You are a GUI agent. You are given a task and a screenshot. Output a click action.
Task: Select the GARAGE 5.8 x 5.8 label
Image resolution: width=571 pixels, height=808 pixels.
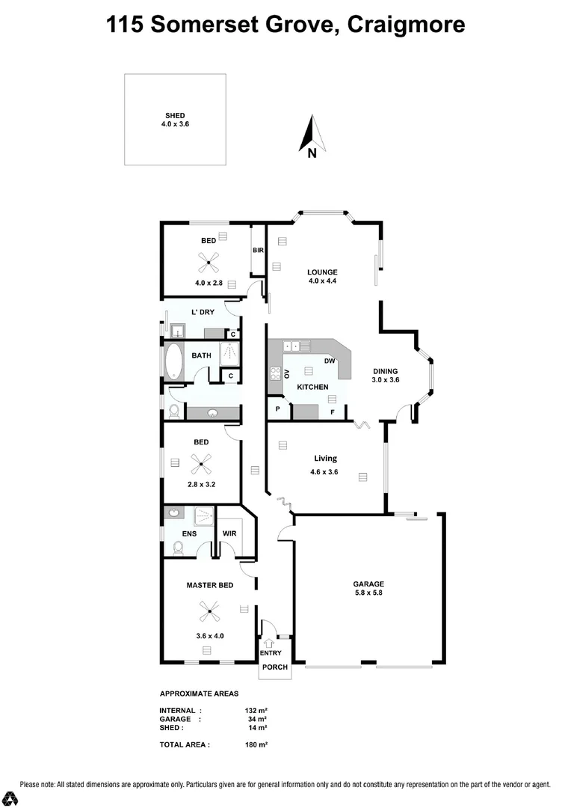click(368, 589)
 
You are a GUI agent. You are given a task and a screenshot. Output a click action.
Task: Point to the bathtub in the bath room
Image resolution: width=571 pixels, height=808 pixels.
click(174, 361)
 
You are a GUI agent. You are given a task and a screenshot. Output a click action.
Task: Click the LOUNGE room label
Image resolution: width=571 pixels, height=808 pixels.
click(323, 276)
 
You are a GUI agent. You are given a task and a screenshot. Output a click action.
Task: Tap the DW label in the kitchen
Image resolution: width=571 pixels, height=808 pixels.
click(328, 361)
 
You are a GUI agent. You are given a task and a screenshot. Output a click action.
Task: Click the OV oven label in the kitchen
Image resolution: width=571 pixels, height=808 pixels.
click(286, 373)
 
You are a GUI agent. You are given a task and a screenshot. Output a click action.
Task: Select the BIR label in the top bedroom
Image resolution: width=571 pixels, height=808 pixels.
click(258, 250)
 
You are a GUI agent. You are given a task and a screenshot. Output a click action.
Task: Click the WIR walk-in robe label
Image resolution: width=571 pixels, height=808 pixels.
click(229, 533)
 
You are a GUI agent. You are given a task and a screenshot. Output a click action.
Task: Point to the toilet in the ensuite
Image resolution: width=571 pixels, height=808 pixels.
click(178, 548)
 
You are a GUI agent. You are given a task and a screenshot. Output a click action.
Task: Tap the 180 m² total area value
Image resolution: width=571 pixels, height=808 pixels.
click(256, 744)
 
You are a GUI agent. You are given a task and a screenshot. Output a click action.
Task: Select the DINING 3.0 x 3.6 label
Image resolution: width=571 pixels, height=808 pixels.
click(386, 375)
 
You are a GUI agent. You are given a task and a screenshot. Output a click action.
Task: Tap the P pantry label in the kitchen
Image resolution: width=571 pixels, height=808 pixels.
click(278, 410)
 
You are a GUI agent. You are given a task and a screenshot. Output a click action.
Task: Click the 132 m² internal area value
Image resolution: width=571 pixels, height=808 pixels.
click(256, 710)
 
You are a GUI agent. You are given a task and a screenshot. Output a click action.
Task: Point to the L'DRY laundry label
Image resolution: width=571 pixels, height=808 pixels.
click(203, 312)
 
